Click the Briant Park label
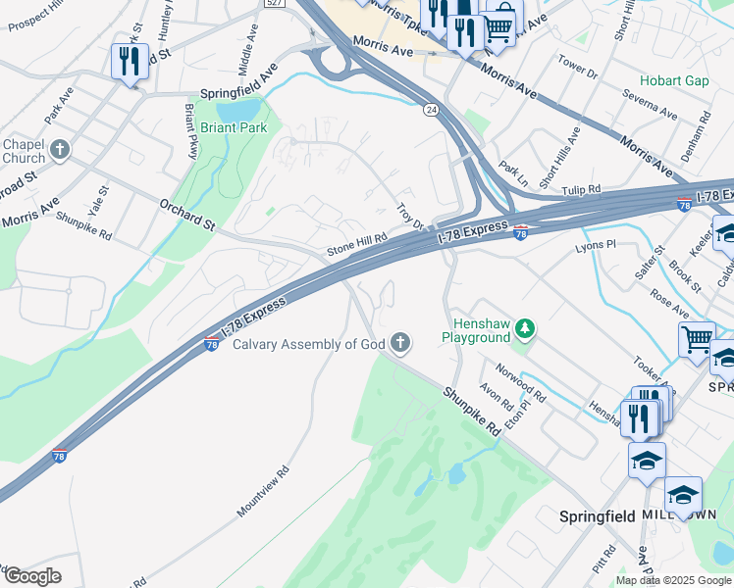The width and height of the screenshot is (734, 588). pyautogui.click(x=233, y=127)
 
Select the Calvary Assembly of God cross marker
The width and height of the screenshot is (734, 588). pyautogui.click(x=399, y=342)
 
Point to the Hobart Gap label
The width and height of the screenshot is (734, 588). pyautogui.click(x=674, y=80)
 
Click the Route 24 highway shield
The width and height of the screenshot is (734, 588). pyautogui.click(x=431, y=110)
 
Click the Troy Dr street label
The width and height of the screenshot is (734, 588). pyautogui.click(x=409, y=218)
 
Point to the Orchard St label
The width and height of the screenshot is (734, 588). pyautogui.click(x=186, y=215)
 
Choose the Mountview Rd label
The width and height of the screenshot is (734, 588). pyautogui.click(x=263, y=491)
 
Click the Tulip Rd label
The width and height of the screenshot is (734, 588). pyautogui.click(x=581, y=189)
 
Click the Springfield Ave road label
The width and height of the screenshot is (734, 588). pyautogui.click(x=239, y=92)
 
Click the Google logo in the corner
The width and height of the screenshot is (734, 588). pyautogui.click(x=31, y=576)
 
